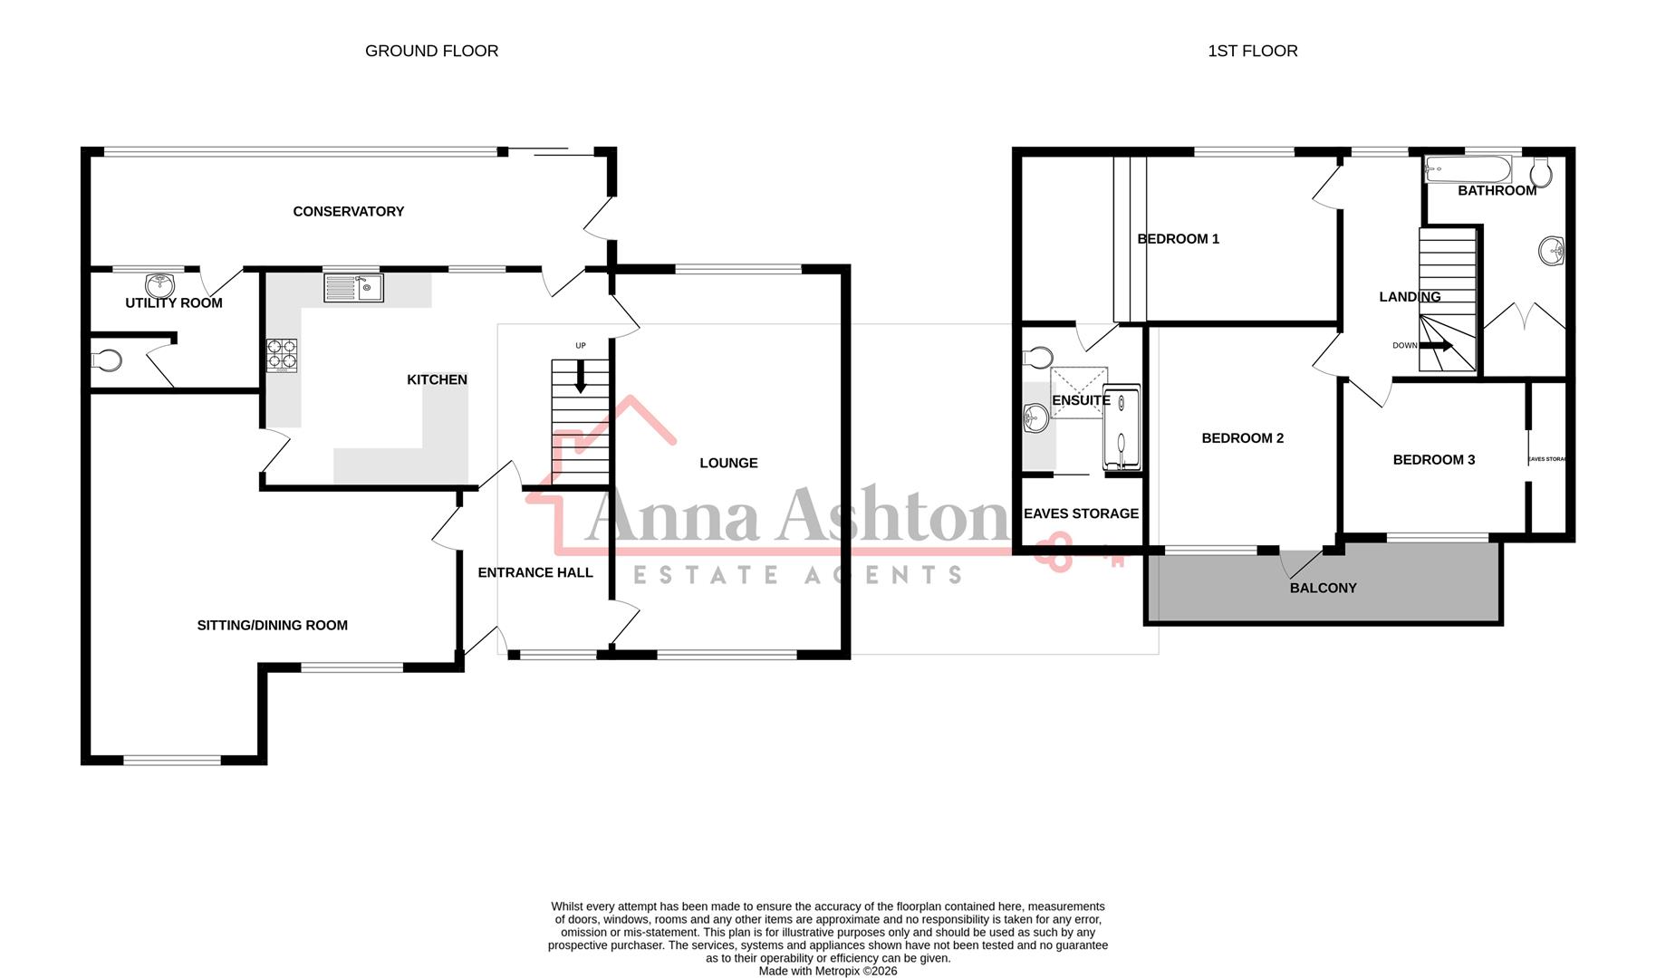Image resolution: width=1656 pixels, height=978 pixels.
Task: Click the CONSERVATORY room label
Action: [x=348, y=211]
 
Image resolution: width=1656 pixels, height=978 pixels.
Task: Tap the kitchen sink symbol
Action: [x=353, y=288]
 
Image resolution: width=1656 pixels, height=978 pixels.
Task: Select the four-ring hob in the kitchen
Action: [x=282, y=355]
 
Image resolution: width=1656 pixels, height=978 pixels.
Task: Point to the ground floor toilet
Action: [x=106, y=360]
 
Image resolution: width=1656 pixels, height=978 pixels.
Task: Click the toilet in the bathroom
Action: [x=1541, y=172]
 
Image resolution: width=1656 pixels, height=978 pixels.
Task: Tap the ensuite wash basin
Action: [x=1034, y=418]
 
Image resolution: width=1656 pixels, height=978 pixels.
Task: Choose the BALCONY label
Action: [x=1323, y=588]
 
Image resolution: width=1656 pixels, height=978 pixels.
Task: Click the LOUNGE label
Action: [x=728, y=463]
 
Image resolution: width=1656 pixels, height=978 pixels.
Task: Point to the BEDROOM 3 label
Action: [x=1433, y=459]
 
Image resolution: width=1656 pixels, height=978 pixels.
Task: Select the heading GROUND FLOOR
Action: [x=431, y=51]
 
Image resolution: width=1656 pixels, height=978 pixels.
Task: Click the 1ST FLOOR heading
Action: [x=1252, y=51]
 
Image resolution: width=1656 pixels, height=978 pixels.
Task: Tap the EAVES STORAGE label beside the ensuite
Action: [x=1081, y=513]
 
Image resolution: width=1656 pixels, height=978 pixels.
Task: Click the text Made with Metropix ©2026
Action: [x=827, y=971]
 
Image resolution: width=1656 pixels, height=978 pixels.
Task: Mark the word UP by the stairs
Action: [x=581, y=346]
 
